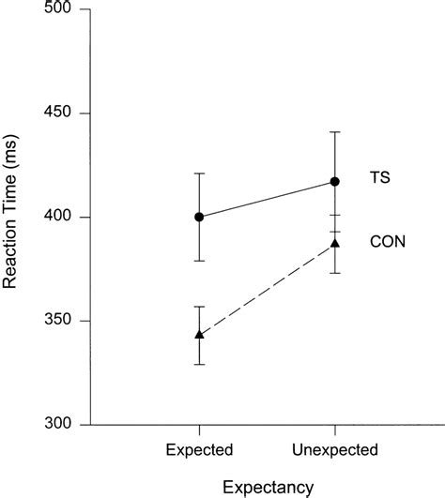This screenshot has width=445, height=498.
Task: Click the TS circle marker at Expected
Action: click(x=199, y=217)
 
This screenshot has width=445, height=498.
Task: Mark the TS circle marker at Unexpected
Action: click(x=335, y=181)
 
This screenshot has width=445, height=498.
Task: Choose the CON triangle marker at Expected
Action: click(x=199, y=334)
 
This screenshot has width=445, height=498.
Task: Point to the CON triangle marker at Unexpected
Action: click(x=335, y=243)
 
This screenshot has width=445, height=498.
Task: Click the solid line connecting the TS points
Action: click(x=267, y=199)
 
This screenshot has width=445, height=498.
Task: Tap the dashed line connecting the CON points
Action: click(x=267, y=289)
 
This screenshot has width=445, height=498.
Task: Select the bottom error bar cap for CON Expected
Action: click(x=199, y=364)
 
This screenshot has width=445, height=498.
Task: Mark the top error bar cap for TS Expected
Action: click(x=199, y=174)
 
